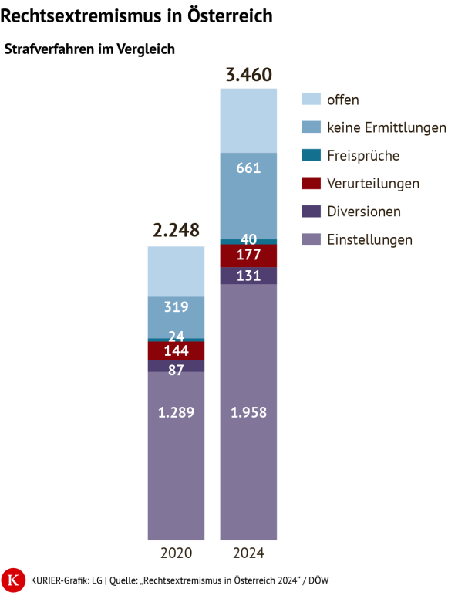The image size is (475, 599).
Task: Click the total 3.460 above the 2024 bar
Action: (x=248, y=76)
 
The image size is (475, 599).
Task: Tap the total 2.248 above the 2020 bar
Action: (x=176, y=230)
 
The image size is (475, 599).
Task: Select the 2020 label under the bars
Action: (x=176, y=553)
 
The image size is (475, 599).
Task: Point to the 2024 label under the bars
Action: (x=248, y=553)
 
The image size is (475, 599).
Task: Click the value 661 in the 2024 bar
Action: (x=248, y=168)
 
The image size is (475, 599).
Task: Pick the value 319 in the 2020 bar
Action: (x=176, y=306)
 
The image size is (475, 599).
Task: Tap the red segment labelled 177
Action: (x=248, y=256)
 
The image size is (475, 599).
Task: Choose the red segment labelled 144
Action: (x=176, y=351)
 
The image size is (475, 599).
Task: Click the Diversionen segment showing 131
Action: (x=248, y=276)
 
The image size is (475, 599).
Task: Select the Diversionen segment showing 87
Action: (x=176, y=369)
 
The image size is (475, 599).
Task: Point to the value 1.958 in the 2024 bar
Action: (x=248, y=412)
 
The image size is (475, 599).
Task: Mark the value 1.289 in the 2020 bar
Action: (x=176, y=412)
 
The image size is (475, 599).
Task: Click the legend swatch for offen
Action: (x=309, y=99)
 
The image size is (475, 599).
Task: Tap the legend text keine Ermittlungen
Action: (x=386, y=127)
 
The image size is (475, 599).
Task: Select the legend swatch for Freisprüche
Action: (x=309, y=155)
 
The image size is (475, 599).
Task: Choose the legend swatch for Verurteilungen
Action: (x=309, y=183)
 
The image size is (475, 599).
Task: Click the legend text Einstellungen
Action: (x=369, y=239)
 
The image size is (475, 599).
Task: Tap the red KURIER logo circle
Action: (x=12, y=580)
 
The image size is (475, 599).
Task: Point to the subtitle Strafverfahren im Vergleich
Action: (x=90, y=49)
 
